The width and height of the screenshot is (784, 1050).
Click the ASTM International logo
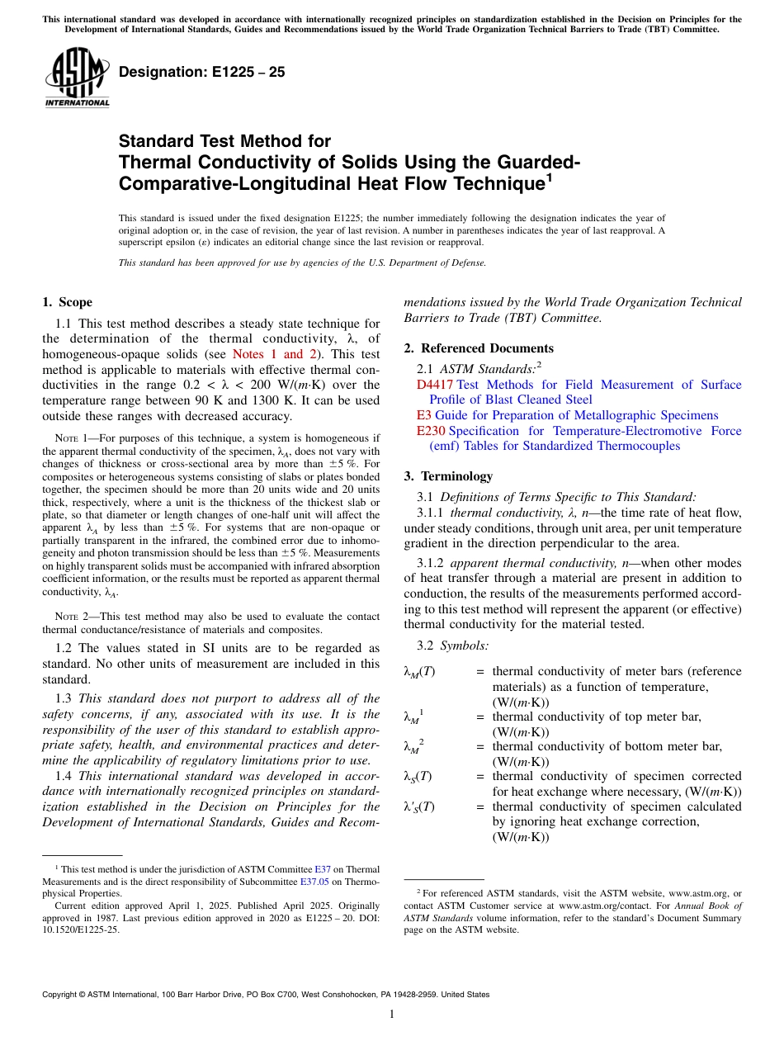point(77,78)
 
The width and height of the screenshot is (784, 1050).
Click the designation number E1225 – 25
point(202,72)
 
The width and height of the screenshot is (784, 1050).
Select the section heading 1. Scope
point(68,302)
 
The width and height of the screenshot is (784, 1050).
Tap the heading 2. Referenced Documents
point(479,348)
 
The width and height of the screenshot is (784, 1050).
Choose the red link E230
point(431,431)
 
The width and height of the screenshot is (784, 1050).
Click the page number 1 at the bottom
point(392,1015)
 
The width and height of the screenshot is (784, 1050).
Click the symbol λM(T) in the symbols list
point(418,672)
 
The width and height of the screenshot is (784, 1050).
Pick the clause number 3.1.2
point(434,564)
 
